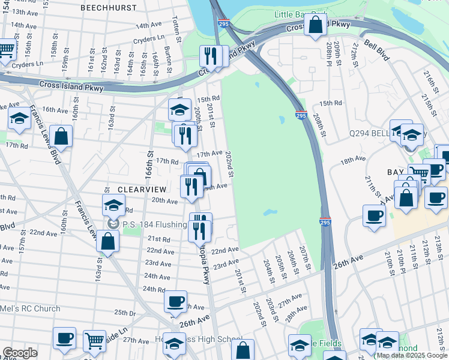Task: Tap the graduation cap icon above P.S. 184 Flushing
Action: [x=113, y=205]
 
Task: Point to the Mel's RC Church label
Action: [x=30, y=309]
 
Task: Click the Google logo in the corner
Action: [x=20, y=353]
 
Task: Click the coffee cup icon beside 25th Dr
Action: [x=175, y=301]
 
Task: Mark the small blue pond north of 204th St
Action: [x=269, y=212]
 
